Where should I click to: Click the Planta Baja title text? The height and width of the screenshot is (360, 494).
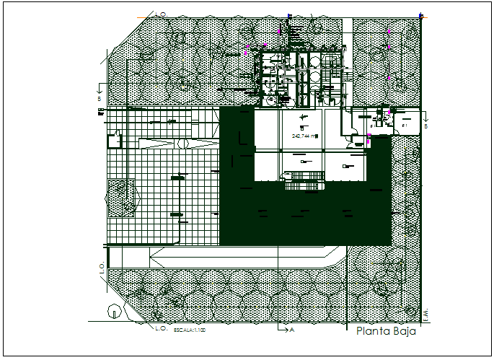387,333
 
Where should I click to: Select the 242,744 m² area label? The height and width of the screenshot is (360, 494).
305,135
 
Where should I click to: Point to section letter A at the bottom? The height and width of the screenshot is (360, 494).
291,330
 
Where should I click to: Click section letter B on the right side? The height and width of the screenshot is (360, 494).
426,126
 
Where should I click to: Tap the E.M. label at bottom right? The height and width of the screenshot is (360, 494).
425,316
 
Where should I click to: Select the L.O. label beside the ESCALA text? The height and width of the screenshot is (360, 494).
161,328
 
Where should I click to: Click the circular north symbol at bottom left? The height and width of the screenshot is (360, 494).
113,312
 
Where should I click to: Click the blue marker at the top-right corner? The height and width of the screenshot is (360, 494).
420,14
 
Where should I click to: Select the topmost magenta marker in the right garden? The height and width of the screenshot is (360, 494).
389,32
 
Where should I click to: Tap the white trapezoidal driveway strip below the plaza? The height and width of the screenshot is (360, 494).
245,255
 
